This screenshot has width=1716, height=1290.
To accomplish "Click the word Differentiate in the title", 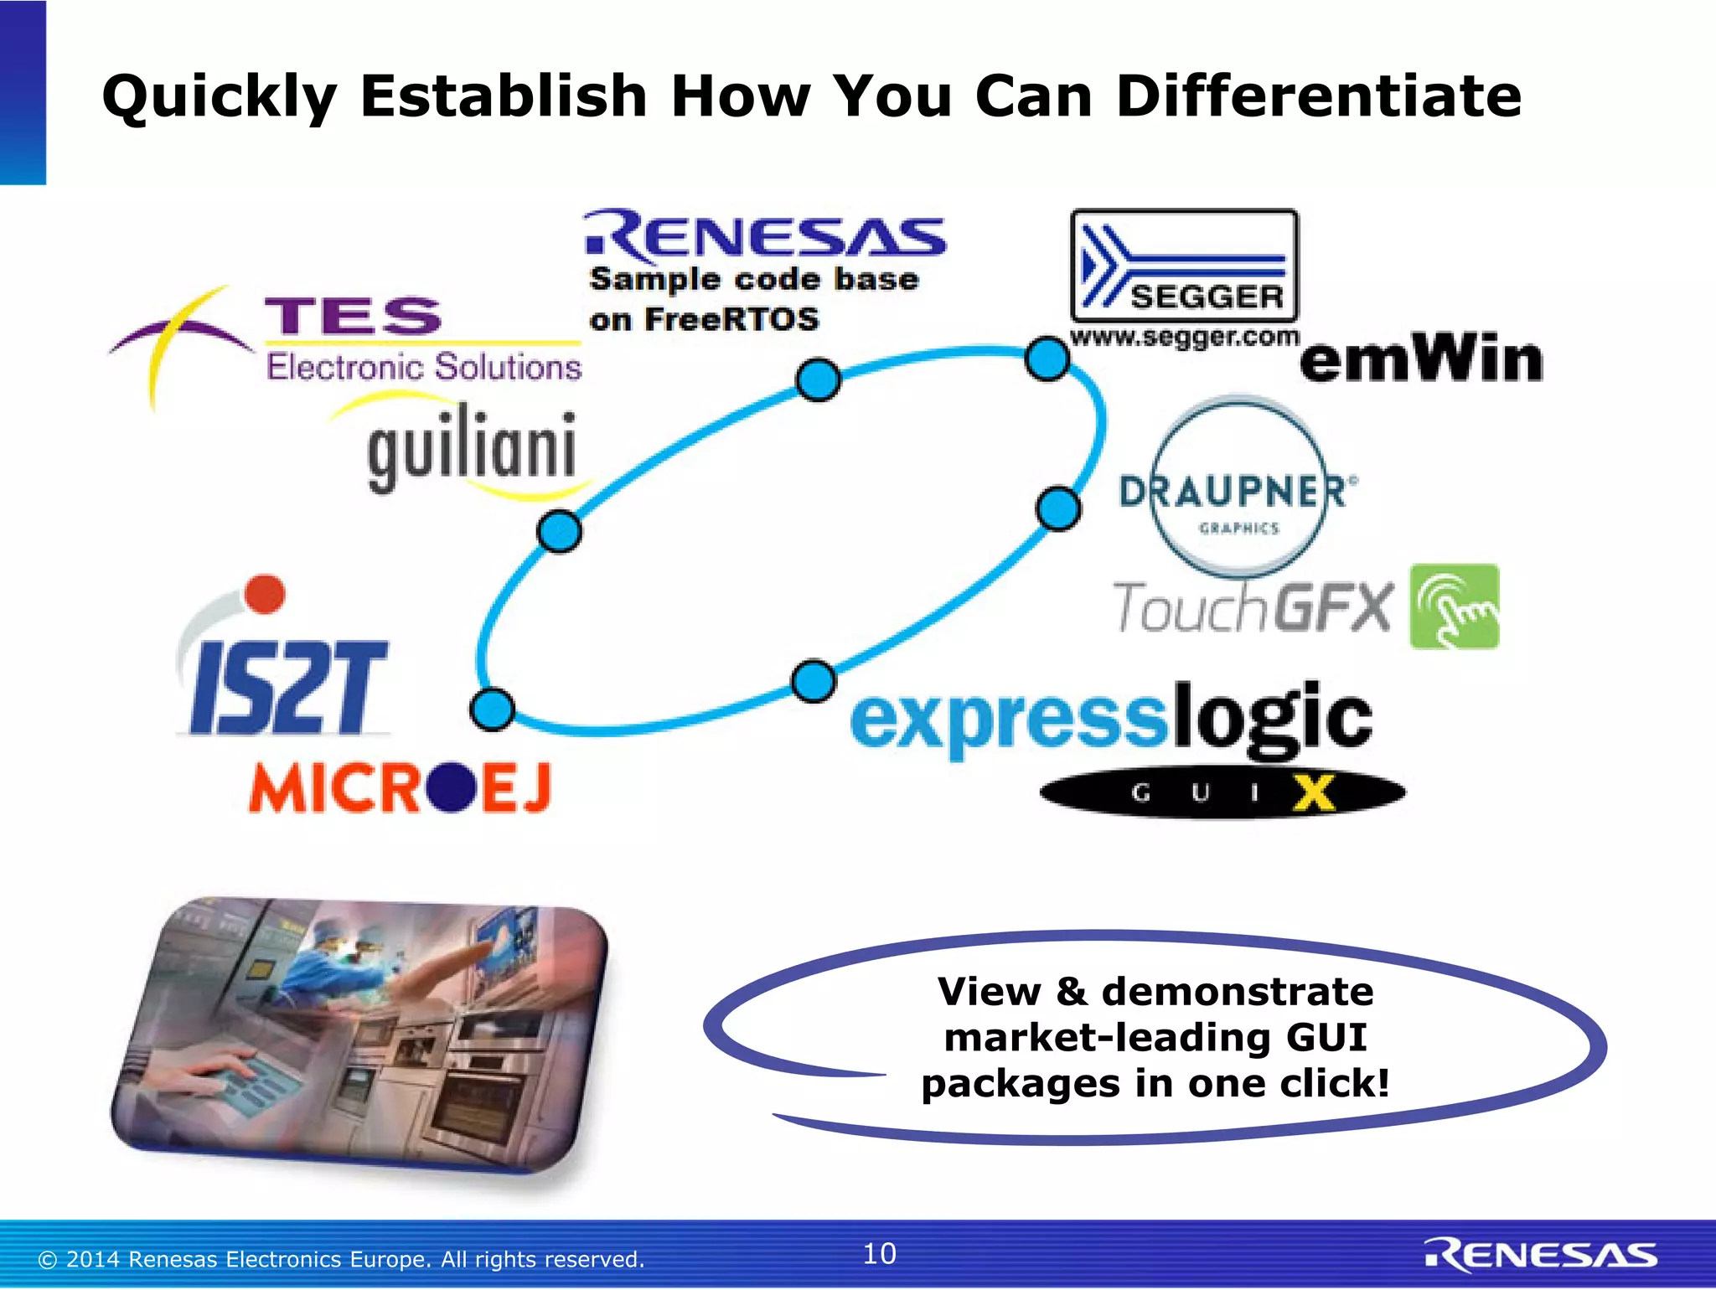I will (1318, 95).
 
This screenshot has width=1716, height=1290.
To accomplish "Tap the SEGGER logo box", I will (1185, 266).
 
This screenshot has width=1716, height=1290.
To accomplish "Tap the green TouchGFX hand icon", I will (1454, 606).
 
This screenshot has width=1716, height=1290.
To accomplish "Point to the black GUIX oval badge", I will (1222, 792).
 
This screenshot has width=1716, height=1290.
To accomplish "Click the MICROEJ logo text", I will (400, 787).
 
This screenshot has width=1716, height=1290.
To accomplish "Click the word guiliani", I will (472, 448).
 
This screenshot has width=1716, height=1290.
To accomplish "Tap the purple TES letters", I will (353, 317).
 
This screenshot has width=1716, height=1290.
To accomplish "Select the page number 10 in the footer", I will (879, 1254).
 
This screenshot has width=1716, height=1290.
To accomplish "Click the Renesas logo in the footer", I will (1540, 1256).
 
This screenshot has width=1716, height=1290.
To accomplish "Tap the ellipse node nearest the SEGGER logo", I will (1047, 359).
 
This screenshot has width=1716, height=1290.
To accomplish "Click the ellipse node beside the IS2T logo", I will (492, 709).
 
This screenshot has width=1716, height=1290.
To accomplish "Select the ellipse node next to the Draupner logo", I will (1058, 508).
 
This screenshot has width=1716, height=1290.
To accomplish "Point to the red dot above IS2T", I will (266, 594).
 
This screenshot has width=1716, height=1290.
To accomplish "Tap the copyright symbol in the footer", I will (48, 1260).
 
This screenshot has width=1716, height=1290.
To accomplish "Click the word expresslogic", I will (1110, 719).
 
